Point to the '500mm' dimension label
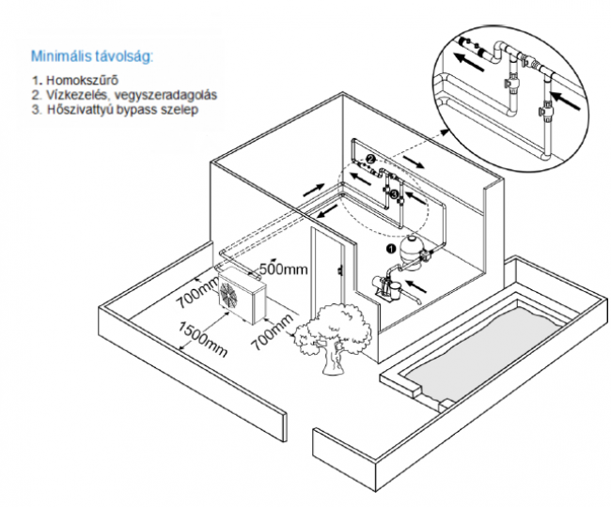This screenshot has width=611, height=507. point(283,270)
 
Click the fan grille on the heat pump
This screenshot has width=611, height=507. point(229,296)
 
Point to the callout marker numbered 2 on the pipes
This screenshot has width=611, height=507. point(370,161)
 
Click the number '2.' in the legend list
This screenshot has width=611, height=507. point(34,94)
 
